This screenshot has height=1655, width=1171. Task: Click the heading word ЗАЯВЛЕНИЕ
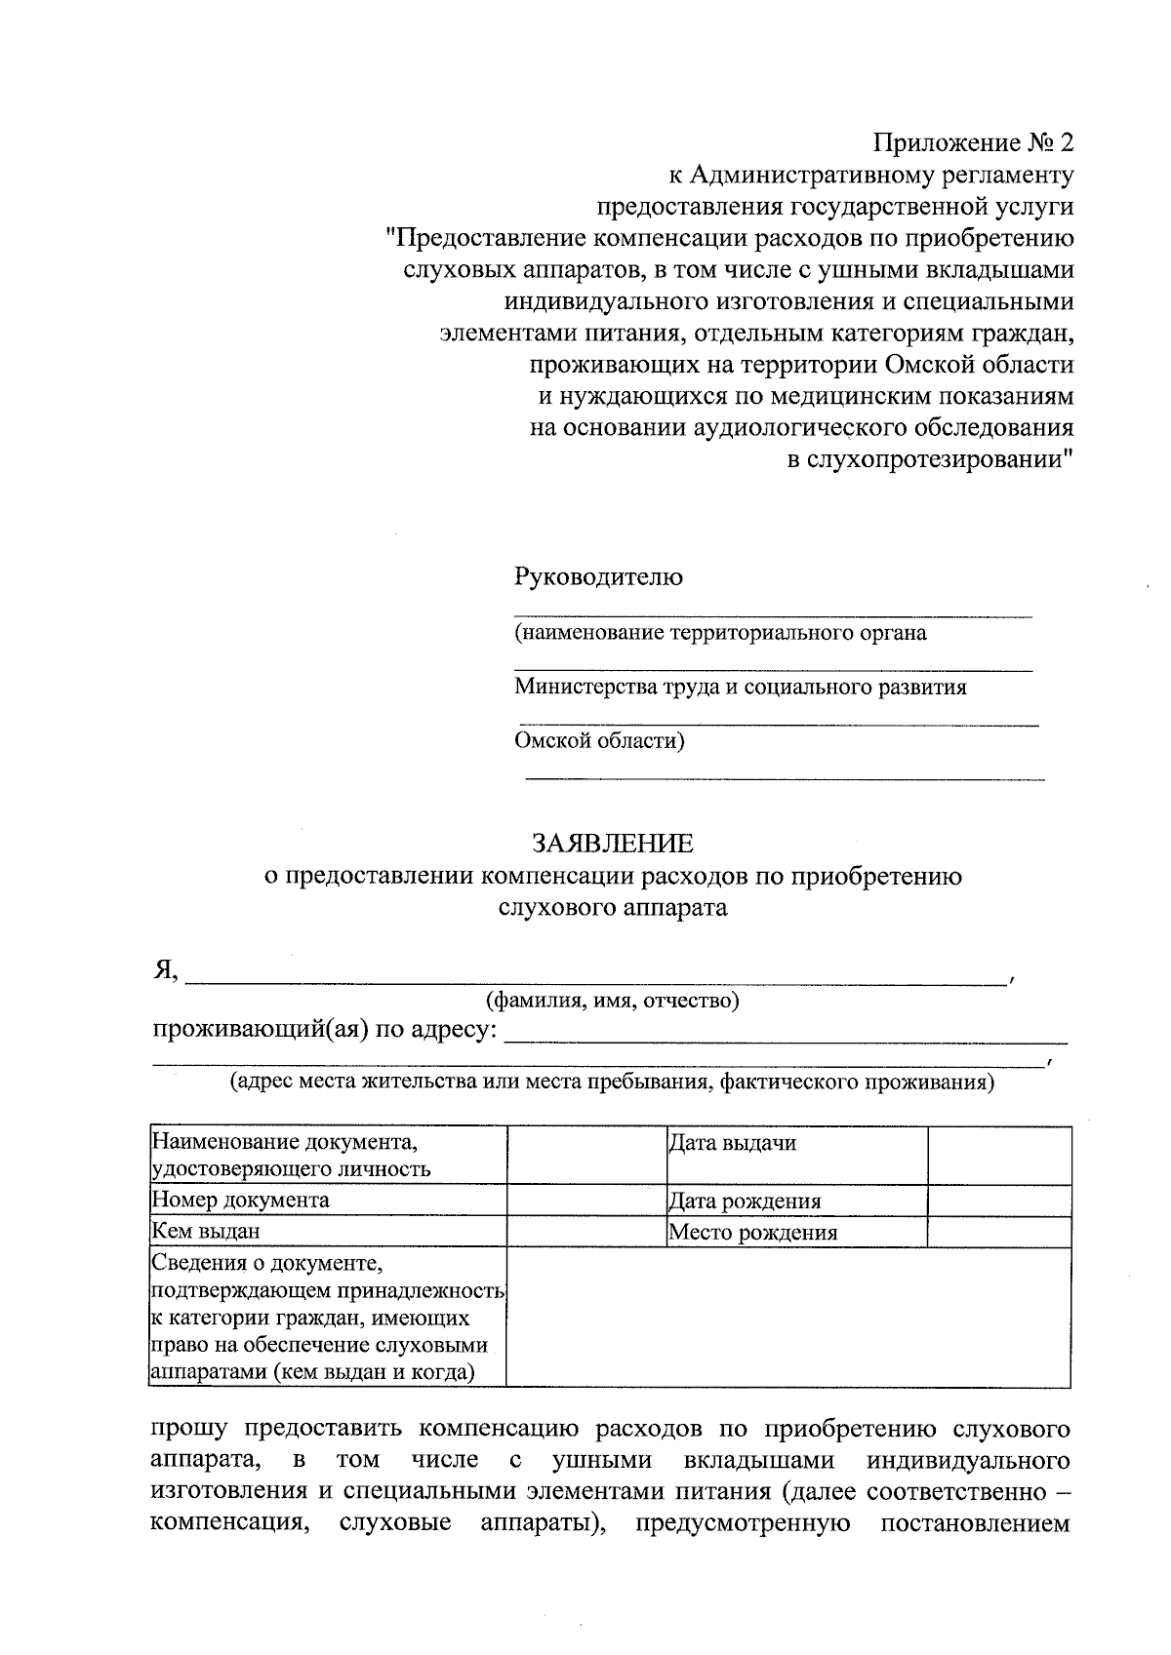[x=613, y=843]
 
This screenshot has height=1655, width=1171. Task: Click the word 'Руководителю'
[x=599, y=576]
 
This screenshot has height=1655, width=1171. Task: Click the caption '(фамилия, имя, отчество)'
[x=613, y=1001]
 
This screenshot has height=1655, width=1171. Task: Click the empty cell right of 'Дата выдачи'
[x=998, y=1156]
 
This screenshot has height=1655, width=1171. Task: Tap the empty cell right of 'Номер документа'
[x=585, y=1200]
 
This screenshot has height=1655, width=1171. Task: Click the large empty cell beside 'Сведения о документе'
[x=788, y=1317]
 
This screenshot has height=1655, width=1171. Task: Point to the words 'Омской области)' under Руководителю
[x=600, y=741]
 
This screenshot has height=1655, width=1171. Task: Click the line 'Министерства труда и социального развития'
[x=741, y=687]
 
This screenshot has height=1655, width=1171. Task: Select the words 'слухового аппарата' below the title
[x=613, y=908]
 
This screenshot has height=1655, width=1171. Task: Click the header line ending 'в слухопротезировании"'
[x=930, y=459]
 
